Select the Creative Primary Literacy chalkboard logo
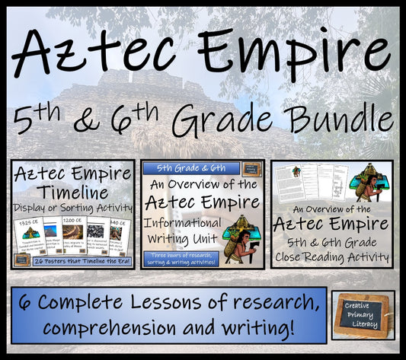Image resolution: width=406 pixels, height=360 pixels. point(363,314)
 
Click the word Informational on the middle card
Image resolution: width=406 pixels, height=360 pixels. point(181,223)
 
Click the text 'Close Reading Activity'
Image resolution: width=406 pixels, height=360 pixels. point(332,257)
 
